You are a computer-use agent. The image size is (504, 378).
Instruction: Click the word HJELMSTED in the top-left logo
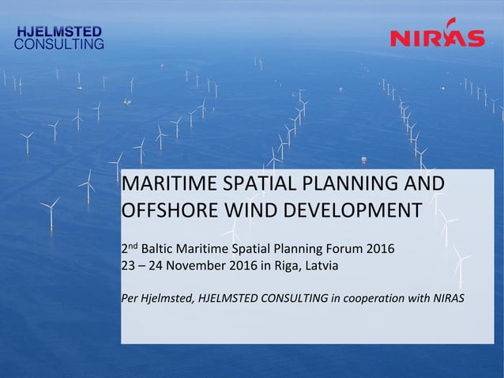click(60, 31)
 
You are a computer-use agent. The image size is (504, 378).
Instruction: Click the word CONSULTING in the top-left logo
click(60, 44)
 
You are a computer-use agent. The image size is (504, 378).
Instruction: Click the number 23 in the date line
click(127, 266)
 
